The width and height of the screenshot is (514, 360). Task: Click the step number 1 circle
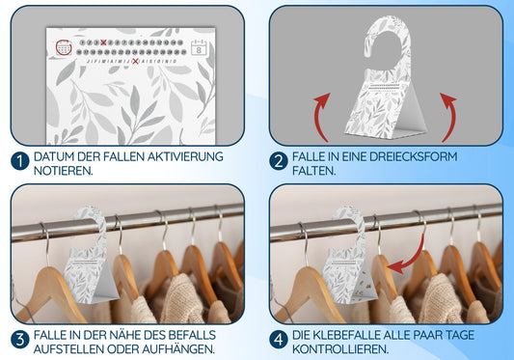point(20,161)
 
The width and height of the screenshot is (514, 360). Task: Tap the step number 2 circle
point(279,161)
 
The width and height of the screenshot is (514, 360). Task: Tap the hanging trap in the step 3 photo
point(89,256)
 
